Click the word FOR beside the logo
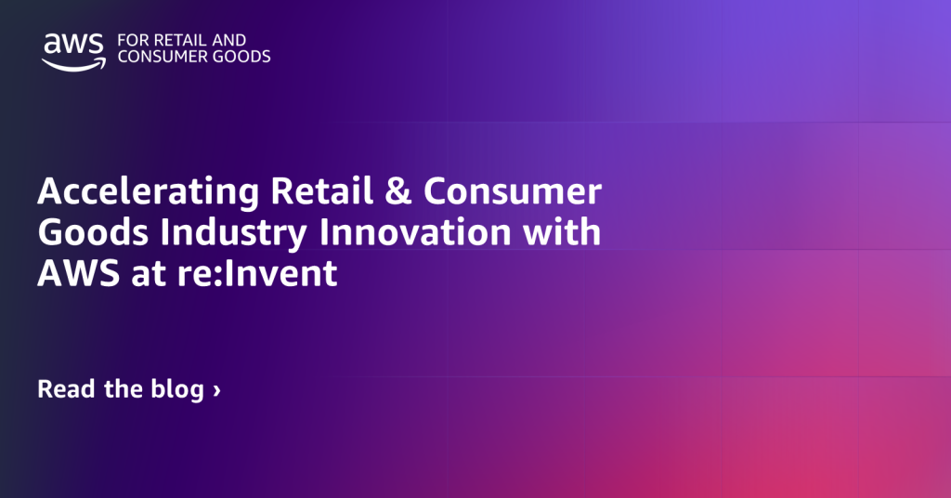click(x=130, y=40)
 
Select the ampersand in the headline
click(x=396, y=192)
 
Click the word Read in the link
click(x=66, y=388)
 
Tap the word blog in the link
click(x=176, y=389)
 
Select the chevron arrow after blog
click(x=216, y=390)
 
